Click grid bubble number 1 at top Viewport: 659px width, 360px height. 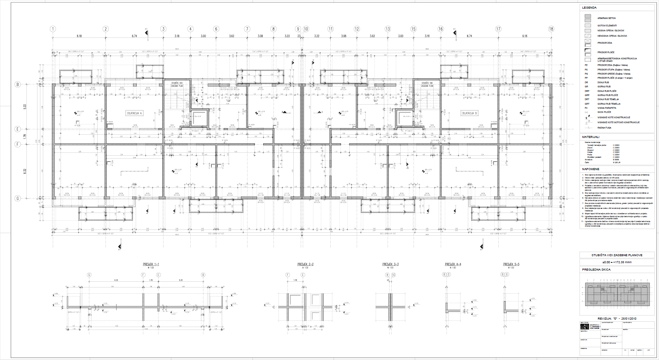coord(53,29)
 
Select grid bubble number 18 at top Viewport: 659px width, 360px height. coord(551,29)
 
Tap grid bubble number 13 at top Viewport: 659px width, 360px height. coord(388,29)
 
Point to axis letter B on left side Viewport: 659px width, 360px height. coord(18,84)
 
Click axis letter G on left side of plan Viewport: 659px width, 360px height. coord(18,198)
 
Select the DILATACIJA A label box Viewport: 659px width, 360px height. coord(134,113)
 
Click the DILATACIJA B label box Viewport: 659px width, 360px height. coord(469,113)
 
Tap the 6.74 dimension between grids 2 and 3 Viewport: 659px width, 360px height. coord(134,36)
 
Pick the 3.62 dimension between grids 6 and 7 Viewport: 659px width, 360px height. coord(231,36)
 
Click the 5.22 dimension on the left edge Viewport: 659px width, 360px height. coord(25,106)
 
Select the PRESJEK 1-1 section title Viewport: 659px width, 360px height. coord(151,264)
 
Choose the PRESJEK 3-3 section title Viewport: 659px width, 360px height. coord(390,264)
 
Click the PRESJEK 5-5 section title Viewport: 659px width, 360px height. coord(511,264)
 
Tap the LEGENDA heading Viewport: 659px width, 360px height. coord(589,8)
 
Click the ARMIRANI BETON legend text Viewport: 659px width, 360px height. coord(606,18)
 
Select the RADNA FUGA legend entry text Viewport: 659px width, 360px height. coord(604,128)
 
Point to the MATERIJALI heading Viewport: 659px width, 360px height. coord(591,137)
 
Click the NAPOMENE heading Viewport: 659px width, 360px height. coord(591,169)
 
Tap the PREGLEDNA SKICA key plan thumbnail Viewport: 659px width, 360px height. coord(617,294)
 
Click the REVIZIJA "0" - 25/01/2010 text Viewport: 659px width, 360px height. coord(617,318)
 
